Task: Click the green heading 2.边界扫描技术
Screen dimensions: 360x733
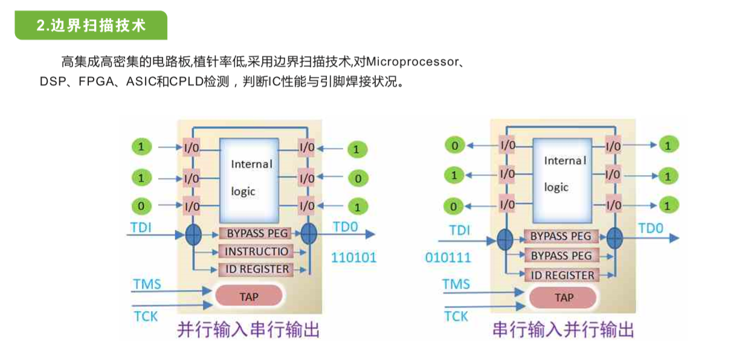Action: pos(91,25)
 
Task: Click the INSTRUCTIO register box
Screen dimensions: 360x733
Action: pos(257,251)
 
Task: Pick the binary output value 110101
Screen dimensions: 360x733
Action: pos(354,258)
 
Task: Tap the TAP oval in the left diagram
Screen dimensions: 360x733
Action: pos(249,297)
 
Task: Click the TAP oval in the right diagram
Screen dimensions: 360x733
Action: pos(563,297)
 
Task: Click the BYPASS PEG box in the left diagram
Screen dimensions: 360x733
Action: pos(257,233)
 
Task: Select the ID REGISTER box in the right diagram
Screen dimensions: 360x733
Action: pos(562,275)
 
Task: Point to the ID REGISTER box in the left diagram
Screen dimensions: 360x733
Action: pos(257,269)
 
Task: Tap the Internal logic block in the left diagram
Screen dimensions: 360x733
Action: pos(249,178)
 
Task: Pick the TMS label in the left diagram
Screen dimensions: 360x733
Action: pos(147,283)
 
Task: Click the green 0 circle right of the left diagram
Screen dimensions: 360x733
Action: pos(358,179)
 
